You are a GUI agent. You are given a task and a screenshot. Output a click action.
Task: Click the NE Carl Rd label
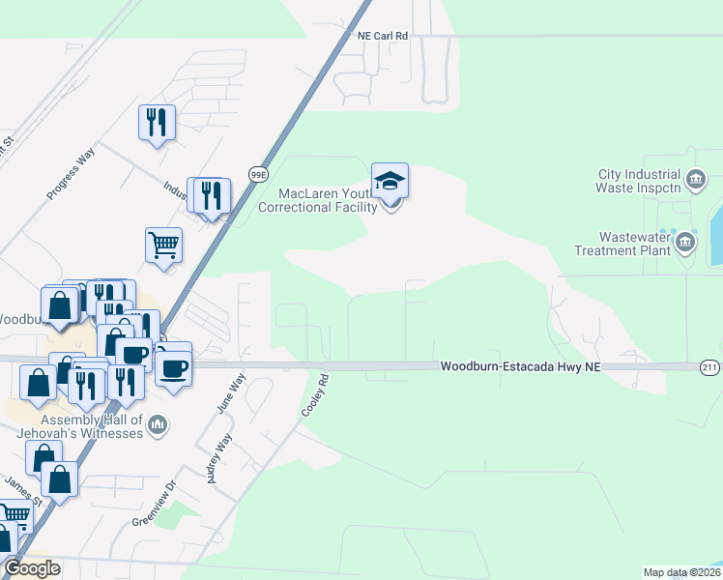pyautogui.click(x=383, y=35)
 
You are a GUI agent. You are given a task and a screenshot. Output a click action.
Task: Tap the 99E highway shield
pyautogui.click(x=258, y=174)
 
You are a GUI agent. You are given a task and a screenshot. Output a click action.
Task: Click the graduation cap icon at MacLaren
pyautogui.click(x=390, y=181)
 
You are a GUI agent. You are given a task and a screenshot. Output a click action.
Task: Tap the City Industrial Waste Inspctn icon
pyautogui.click(x=695, y=179)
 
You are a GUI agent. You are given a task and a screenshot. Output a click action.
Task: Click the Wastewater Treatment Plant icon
pyautogui.click(x=685, y=241)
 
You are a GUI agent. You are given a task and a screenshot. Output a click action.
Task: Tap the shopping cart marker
pyautogui.click(x=163, y=245)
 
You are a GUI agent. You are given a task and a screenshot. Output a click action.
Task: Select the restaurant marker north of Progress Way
pyautogui.click(x=157, y=122)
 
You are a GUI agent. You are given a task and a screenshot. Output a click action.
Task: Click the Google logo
pyautogui.click(x=32, y=568)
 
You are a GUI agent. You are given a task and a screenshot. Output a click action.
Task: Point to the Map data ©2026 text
pyautogui.click(x=681, y=572)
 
